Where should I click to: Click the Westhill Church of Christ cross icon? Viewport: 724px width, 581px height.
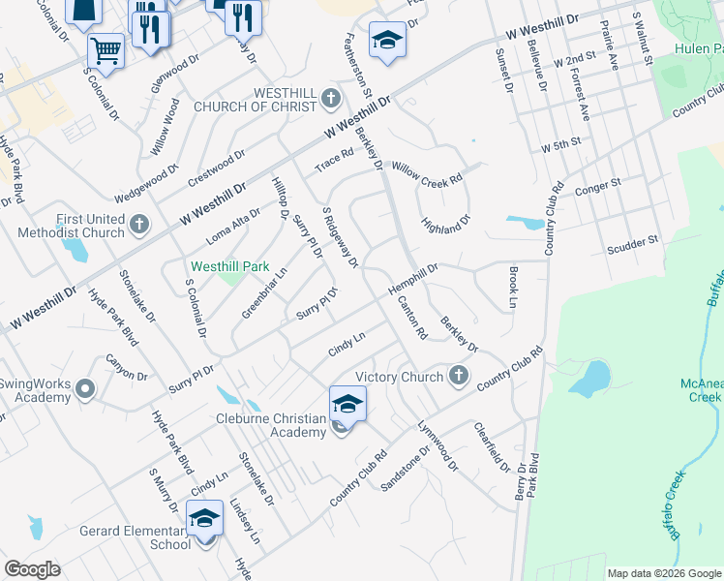pyautogui.click(x=331, y=98)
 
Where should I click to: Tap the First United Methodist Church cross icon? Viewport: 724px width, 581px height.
pyautogui.click(x=138, y=225)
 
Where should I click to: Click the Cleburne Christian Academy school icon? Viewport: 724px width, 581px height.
pyautogui.click(x=347, y=405)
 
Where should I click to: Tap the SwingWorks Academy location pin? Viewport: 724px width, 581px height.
pyautogui.click(x=85, y=389)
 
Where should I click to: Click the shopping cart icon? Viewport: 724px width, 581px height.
pyautogui.click(x=106, y=49)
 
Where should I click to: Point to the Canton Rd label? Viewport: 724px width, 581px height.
pyautogui.click(x=412, y=319)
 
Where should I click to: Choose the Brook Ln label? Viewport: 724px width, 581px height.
pyautogui.click(x=513, y=289)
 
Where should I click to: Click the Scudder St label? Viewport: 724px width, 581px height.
pyautogui.click(x=632, y=240)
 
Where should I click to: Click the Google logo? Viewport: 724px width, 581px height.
pyautogui.click(x=32, y=569)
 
